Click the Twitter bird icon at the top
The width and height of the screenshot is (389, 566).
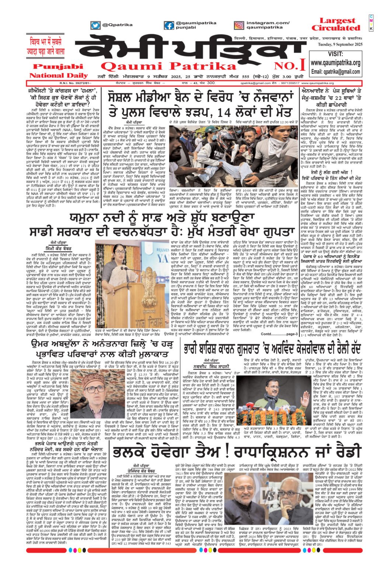[x=95, y=25]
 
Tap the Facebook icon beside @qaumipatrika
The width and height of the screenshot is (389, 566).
[x=169, y=25]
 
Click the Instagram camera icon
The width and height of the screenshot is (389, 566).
[x=239, y=25]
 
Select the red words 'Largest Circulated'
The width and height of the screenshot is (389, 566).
[x=337, y=24]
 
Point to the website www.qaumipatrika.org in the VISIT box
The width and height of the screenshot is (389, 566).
[x=336, y=63]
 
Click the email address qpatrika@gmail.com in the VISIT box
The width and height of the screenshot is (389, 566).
[x=336, y=71]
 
